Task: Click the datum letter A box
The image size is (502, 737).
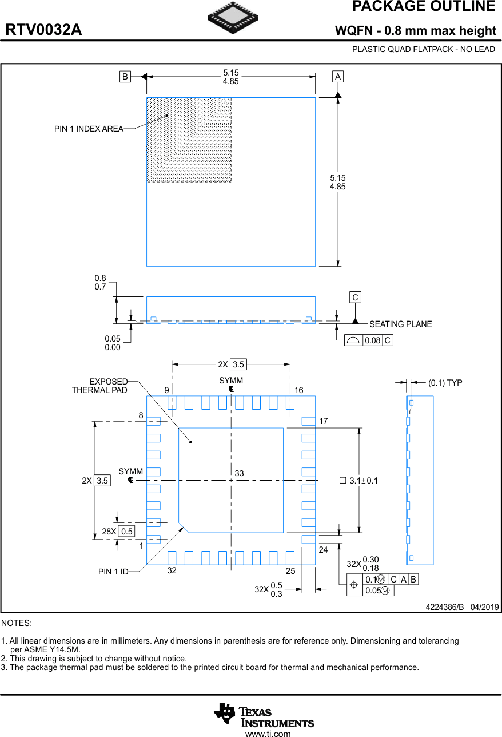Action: pos(338,77)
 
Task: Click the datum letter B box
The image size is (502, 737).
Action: pos(125,77)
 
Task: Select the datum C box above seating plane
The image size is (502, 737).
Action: pos(356,298)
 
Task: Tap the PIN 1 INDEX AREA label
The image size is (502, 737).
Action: pos(89,129)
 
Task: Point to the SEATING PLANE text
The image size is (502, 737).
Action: pos(400,324)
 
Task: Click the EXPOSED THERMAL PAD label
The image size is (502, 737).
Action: pos(100,386)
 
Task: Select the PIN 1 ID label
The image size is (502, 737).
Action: pos(113,572)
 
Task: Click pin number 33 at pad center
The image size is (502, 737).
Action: pos(239,474)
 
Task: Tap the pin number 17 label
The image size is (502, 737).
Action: pos(323,421)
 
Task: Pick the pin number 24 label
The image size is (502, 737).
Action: pos(323,549)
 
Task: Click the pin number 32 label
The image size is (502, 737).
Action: pos(172,570)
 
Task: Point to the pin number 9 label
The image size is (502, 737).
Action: pos(166,390)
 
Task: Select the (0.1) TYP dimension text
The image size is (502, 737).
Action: pos(445,383)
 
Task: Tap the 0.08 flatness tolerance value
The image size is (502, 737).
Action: pos(372,340)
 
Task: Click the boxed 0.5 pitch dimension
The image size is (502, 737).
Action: pos(126,532)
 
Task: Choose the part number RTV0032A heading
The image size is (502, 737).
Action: pos(43,30)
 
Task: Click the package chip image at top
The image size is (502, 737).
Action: pos(233,18)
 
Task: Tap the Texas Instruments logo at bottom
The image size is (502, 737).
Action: pos(264,715)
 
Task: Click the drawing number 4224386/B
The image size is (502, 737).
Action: pos(444,607)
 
